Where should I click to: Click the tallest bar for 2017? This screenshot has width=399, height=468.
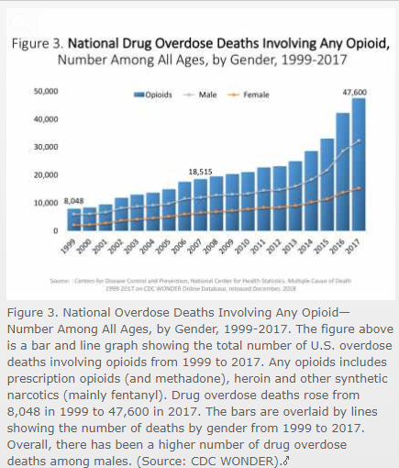(x=358, y=165)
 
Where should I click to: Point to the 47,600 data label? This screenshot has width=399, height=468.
(x=354, y=91)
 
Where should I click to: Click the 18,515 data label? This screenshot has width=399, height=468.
(x=201, y=172)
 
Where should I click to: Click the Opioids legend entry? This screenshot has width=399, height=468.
(x=161, y=95)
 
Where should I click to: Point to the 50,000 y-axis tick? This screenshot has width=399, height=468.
(x=46, y=92)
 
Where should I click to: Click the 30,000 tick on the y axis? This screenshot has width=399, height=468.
(x=46, y=148)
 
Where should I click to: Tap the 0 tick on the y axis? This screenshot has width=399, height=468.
(x=56, y=230)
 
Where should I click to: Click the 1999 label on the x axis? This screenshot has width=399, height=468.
(x=67, y=248)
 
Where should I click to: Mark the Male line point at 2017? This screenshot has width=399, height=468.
(x=358, y=140)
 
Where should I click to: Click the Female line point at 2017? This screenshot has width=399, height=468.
(x=358, y=188)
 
